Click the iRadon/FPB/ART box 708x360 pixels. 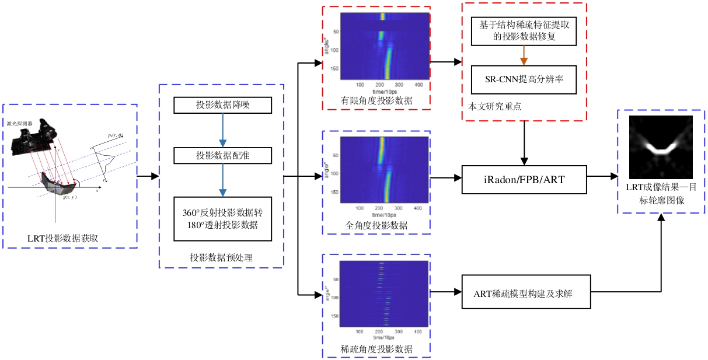coord(524,179)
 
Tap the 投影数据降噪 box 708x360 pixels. coord(223,105)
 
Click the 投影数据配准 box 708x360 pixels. coord(223,155)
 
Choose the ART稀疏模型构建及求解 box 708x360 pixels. coord(526,293)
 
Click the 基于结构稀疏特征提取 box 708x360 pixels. coord(524,32)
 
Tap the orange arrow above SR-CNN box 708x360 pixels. coord(524,57)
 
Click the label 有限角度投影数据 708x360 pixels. coord(376,101)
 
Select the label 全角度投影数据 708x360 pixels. coord(376,225)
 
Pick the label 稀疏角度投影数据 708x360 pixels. coord(376,349)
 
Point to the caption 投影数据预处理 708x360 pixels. coord(221,257)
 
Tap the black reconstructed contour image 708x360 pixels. coord(660,147)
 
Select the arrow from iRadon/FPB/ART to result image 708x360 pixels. coord(602,176)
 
